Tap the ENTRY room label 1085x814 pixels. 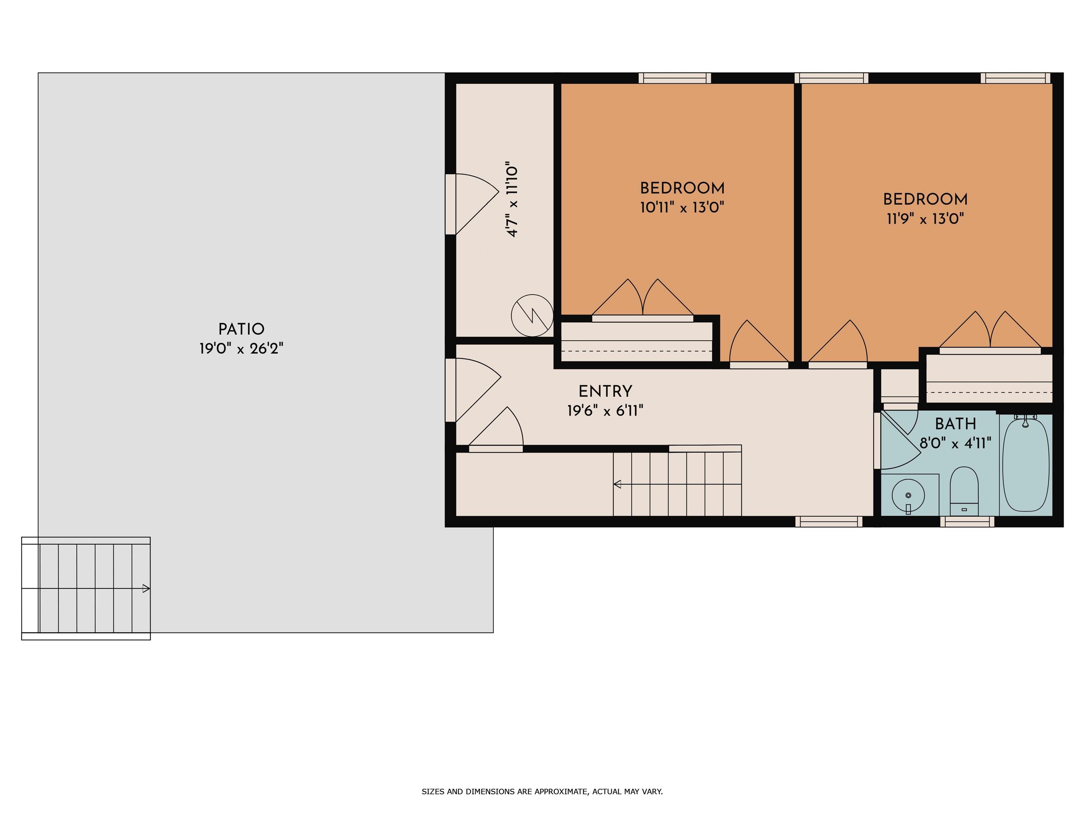605,391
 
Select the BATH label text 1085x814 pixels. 955,424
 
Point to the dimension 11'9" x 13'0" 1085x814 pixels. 925,218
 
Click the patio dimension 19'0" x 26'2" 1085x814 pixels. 241,348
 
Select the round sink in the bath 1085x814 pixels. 908,496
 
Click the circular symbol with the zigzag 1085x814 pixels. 532,315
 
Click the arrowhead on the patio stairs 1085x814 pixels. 146,588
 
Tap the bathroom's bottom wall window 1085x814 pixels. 967,521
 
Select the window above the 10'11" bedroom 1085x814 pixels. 675,78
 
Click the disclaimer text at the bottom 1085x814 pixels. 542,791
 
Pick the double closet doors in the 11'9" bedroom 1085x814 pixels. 990,331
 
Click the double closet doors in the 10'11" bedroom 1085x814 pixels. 642,299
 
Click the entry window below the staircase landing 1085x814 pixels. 829,521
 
